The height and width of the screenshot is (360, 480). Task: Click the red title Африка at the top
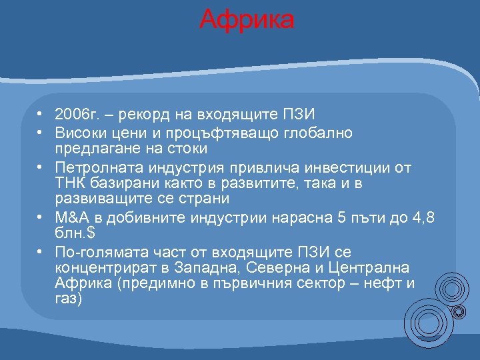point(246,19)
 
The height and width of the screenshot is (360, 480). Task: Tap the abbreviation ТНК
point(69,183)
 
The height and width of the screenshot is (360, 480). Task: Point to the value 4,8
point(423,218)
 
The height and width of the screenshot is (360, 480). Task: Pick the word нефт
point(383,284)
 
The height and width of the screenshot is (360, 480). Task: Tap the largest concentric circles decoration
point(427,323)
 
